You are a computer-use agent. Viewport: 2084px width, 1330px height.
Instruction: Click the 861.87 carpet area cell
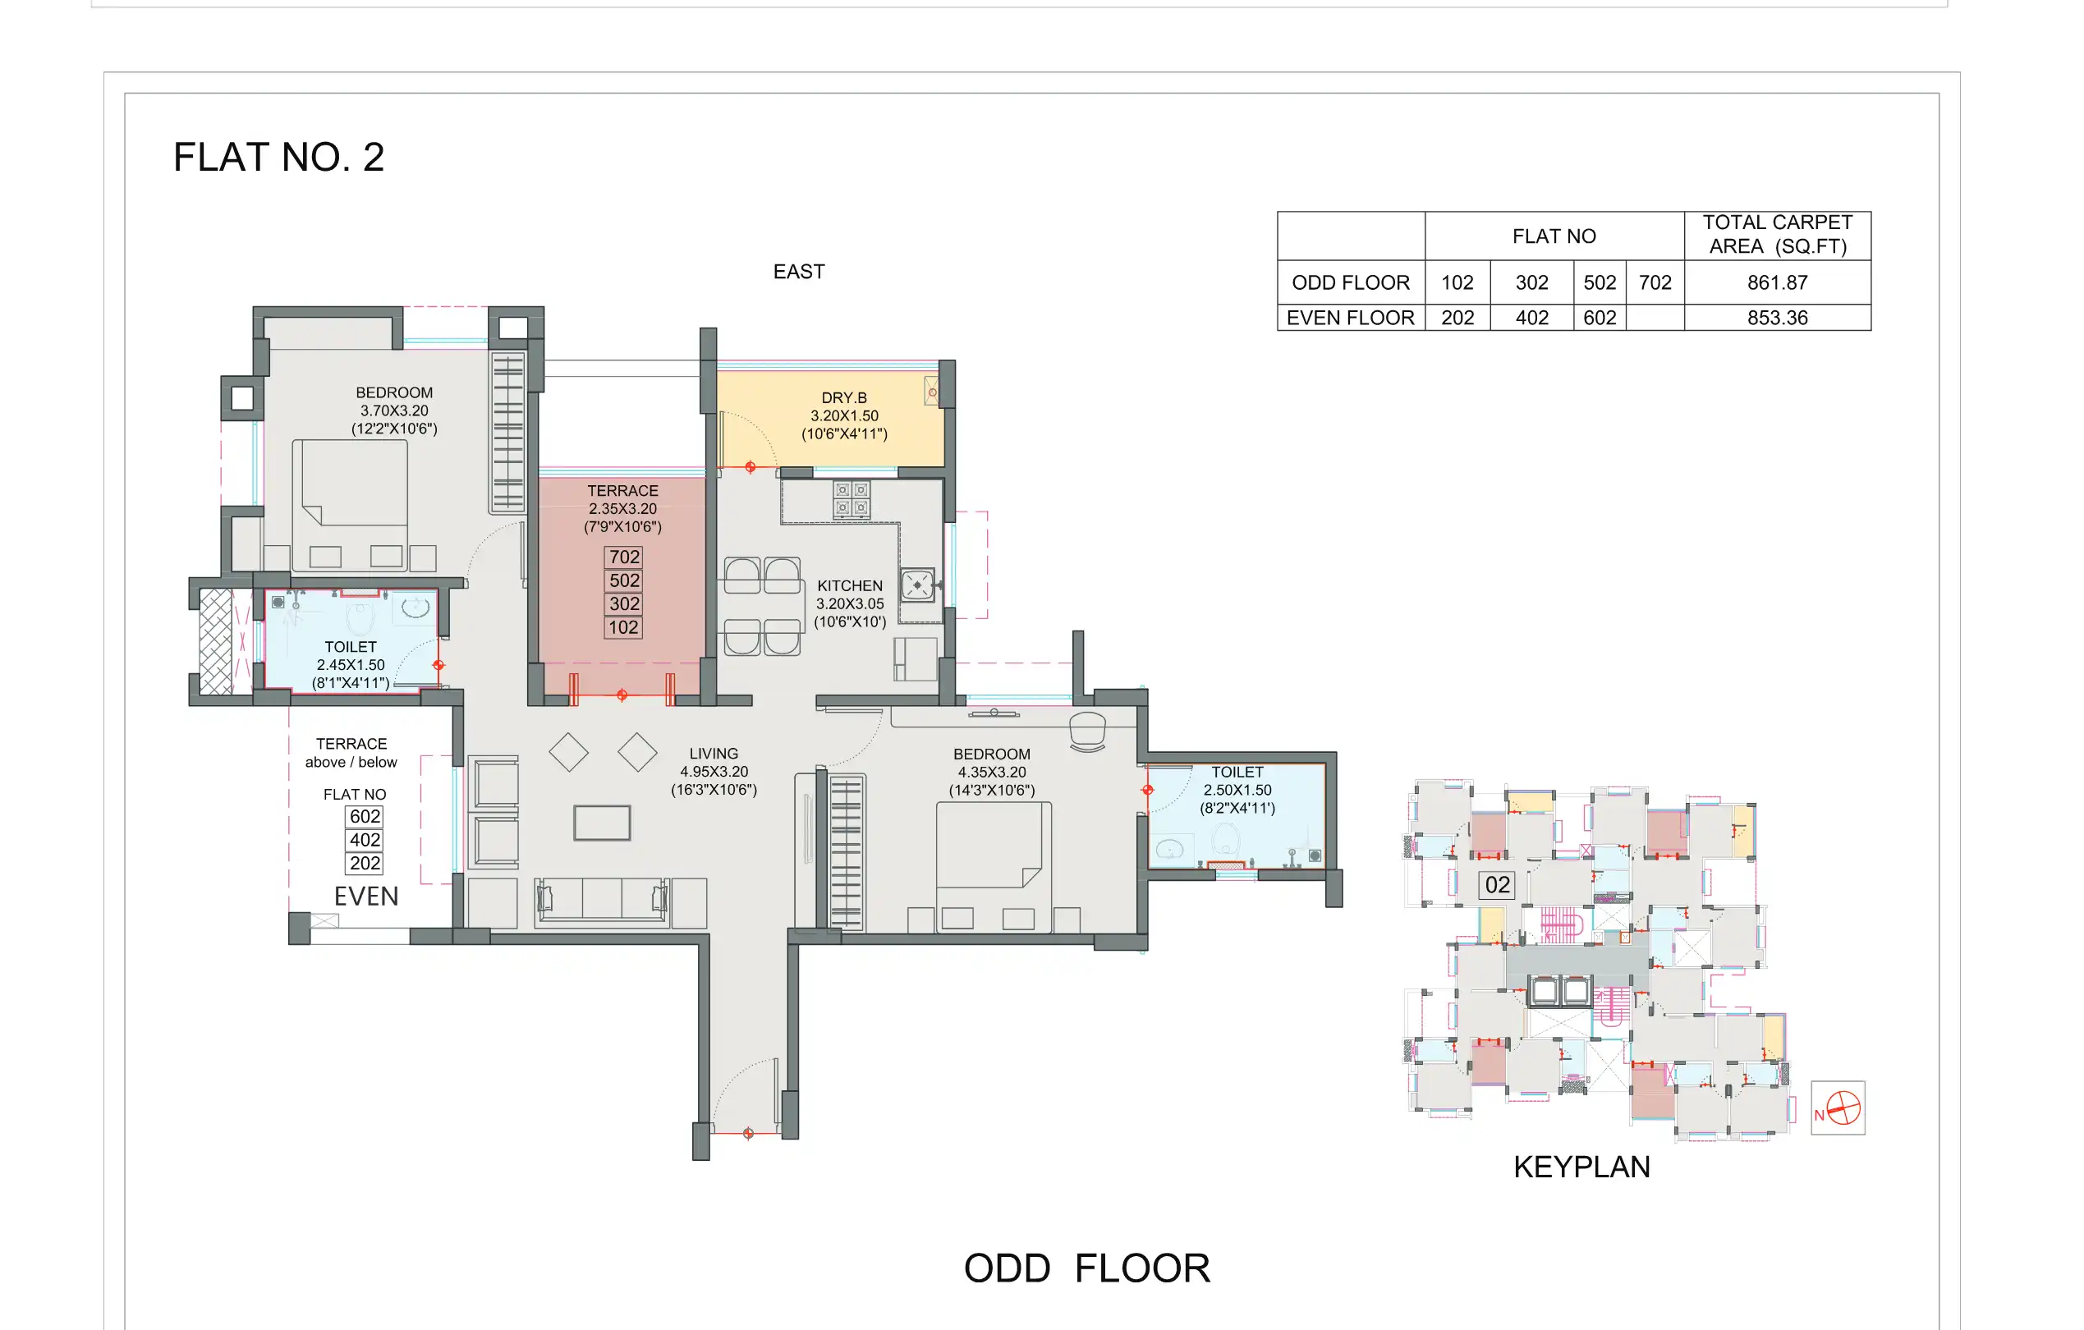pos(1777,283)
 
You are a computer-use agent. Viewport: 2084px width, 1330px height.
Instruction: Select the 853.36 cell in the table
pos(1777,318)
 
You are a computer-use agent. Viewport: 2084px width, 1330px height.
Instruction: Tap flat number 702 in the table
pos(1654,283)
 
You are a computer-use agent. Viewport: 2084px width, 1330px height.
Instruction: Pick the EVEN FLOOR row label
pos(1349,318)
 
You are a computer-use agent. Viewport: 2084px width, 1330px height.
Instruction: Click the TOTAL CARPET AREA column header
pos(1777,235)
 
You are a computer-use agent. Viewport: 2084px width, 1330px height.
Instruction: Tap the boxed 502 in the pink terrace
pos(623,580)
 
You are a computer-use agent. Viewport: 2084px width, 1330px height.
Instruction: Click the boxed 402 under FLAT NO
pos(365,839)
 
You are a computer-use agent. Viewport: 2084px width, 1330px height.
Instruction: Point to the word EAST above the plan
pos(798,272)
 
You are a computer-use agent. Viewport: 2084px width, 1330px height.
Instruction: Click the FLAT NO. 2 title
pos(278,158)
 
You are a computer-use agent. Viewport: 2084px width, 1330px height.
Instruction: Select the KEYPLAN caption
pos(1581,1167)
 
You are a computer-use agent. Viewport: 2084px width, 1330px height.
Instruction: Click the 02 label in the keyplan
pos(1496,884)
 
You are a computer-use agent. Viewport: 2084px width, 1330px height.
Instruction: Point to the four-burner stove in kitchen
pos(851,499)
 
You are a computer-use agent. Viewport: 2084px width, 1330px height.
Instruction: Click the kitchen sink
pos(916,585)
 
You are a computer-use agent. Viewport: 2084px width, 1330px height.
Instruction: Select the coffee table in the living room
pos(602,822)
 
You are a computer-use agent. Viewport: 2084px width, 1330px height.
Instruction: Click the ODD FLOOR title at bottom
pos(1086,1268)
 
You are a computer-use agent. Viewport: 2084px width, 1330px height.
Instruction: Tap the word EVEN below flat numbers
pos(366,897)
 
